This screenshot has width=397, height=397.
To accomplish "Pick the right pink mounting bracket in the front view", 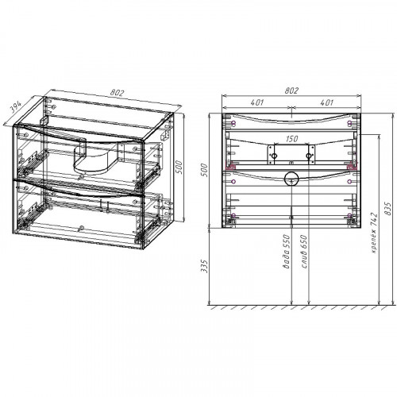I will pos(350,167).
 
